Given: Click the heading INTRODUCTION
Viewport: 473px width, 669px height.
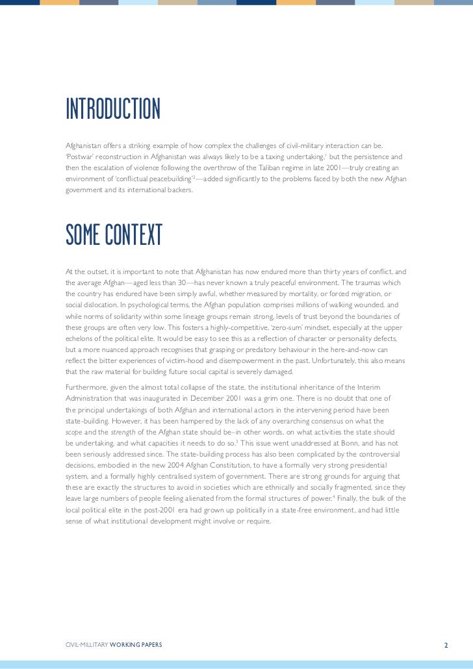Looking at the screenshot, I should [113, 110].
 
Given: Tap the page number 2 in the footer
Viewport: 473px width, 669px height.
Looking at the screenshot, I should [446, 627].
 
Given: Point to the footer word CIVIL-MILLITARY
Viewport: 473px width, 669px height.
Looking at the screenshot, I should [86, 627].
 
